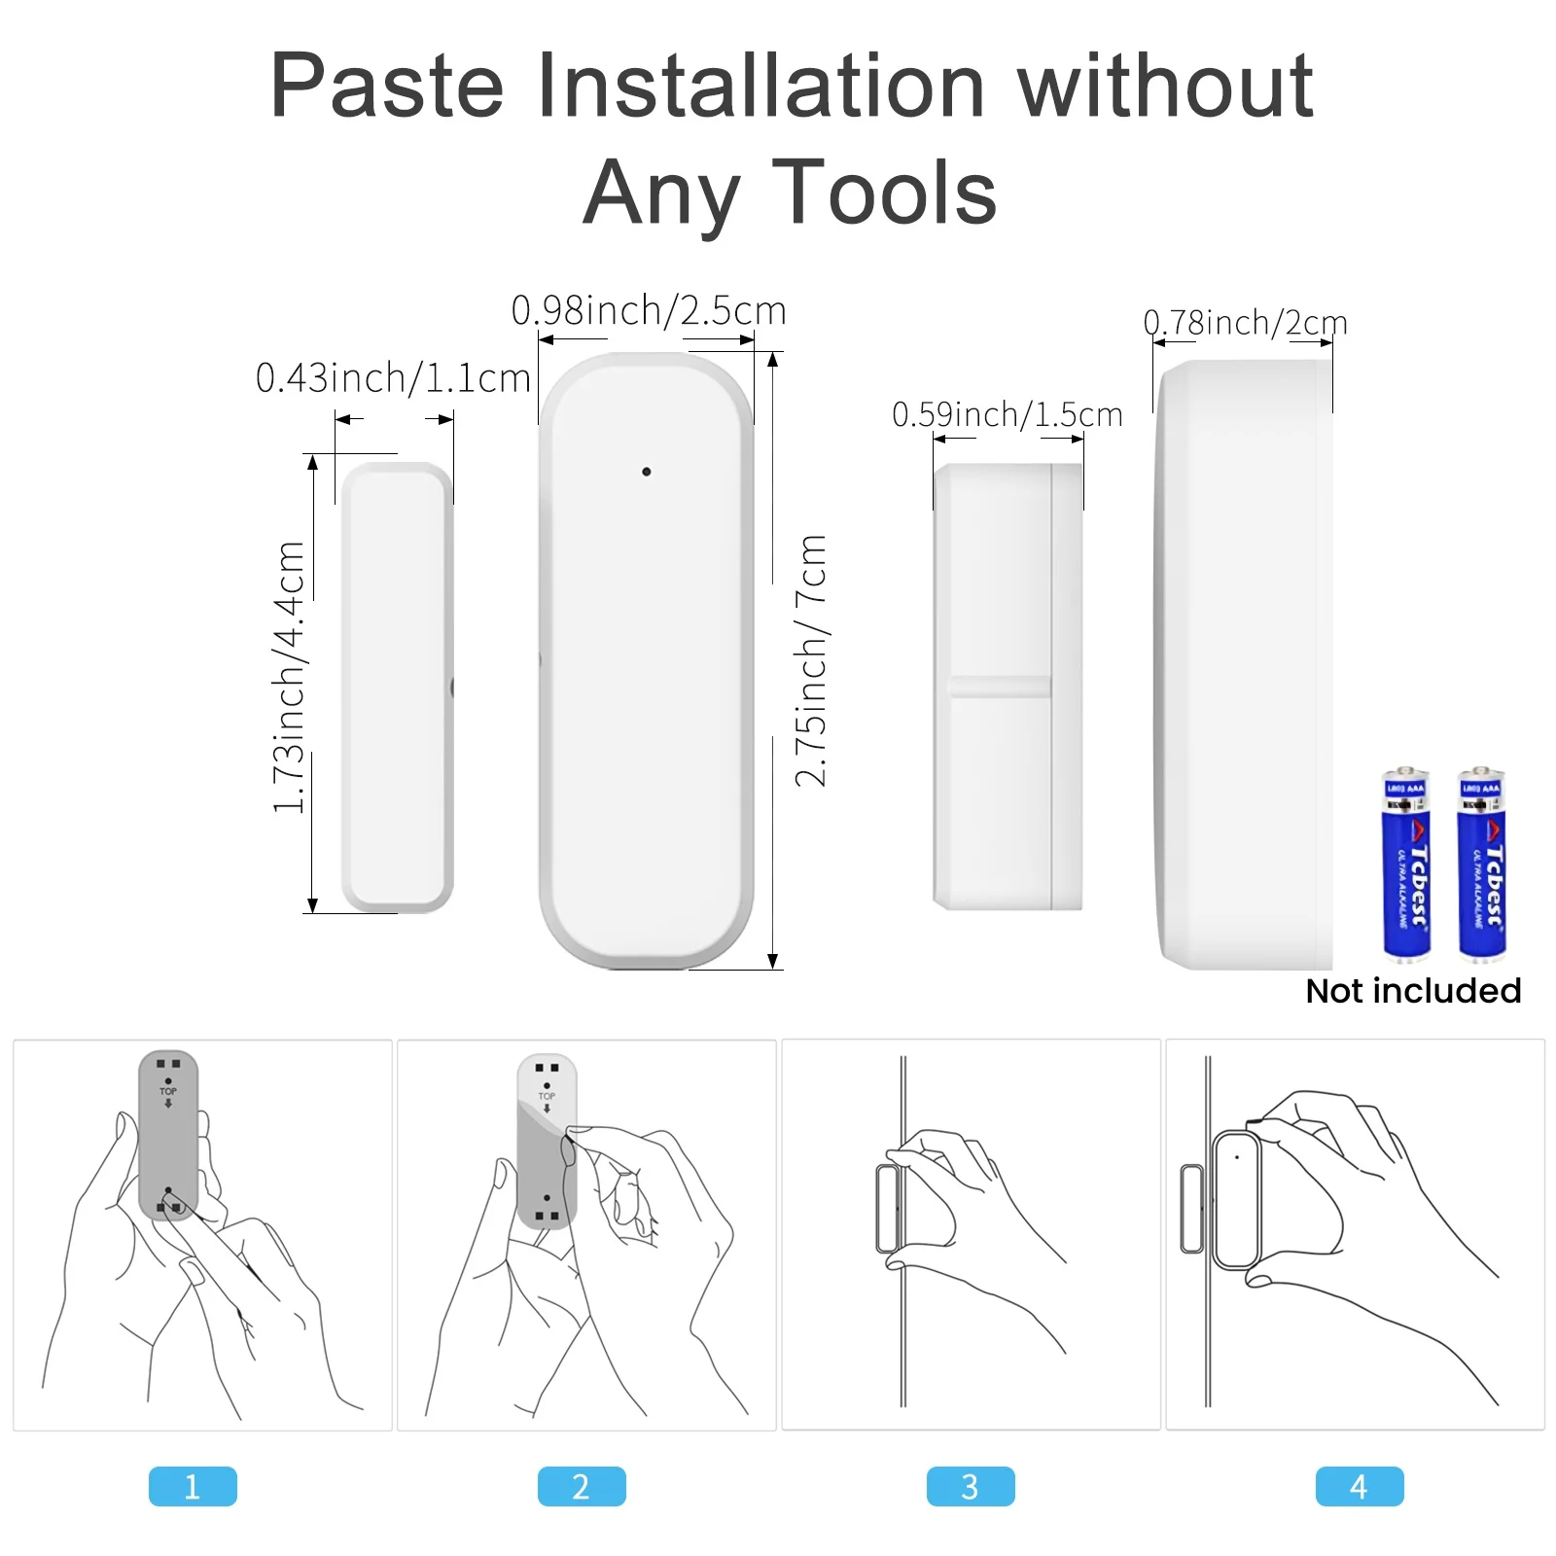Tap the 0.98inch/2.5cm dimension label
point(649,311)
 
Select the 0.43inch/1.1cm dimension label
point(393,377)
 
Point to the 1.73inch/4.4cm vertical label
point(290,677)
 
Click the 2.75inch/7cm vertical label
point(810,660)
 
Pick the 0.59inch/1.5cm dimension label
point(1007,415)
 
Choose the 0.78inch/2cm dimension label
point(1245,322)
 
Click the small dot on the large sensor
point(647,472)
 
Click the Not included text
point(1413,991)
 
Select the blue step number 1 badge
point(193,1486)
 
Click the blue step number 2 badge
point(582,1486)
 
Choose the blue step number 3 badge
point(971,1486)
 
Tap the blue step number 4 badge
point(1360,1486)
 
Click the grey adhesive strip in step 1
point(168,1134)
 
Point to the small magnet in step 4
point(1191,1208)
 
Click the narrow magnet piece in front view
point(397,687)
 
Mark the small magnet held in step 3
point(888,1208)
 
